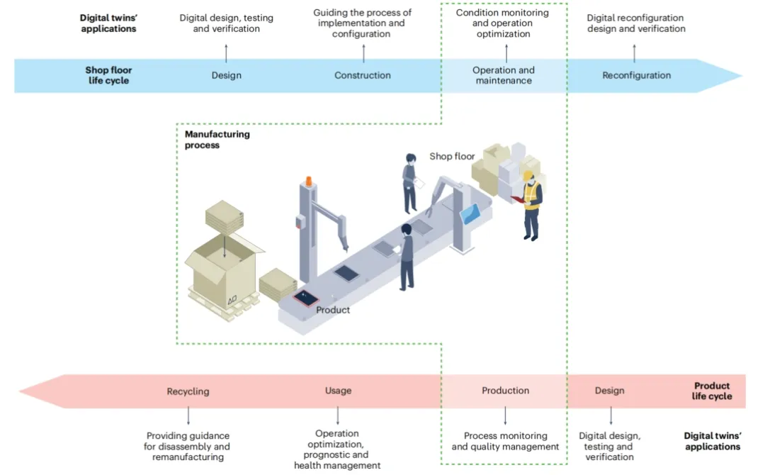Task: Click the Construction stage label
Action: (363, 75)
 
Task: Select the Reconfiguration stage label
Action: (636, 75)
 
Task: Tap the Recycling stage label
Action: (188, 391)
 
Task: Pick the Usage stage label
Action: (338, 391)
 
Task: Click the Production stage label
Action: (505, 391)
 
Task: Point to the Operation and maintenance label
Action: (504, 75)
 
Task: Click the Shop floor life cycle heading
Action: (108, 75)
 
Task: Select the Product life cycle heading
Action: (712, 391)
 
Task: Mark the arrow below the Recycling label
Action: (188, 415)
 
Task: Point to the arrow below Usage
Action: (338, 415)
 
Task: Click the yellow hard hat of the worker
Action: (528, 175)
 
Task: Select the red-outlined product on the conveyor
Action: (306, 297)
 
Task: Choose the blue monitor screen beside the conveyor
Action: (471, 213)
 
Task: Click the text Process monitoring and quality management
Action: (505, 441)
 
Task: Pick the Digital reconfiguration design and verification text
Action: (635, 23)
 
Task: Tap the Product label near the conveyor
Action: (333, 310)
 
